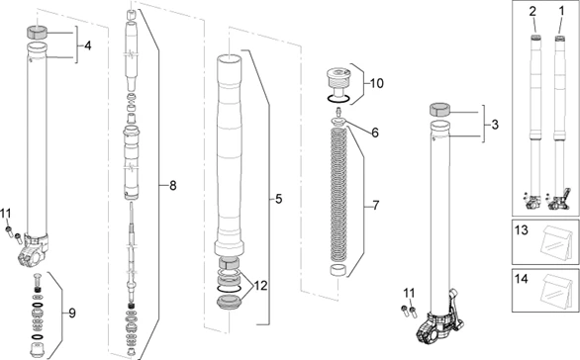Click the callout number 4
click(87, 45)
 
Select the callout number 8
click(173, 186)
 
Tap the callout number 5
click(278, 199)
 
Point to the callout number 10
click(376, 83)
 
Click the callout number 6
click(375, 133)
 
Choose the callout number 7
click(376, 205)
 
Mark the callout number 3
click(495, 125)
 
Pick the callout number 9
click(72, 314)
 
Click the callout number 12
click(260, 286)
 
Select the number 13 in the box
click(522, 230)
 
